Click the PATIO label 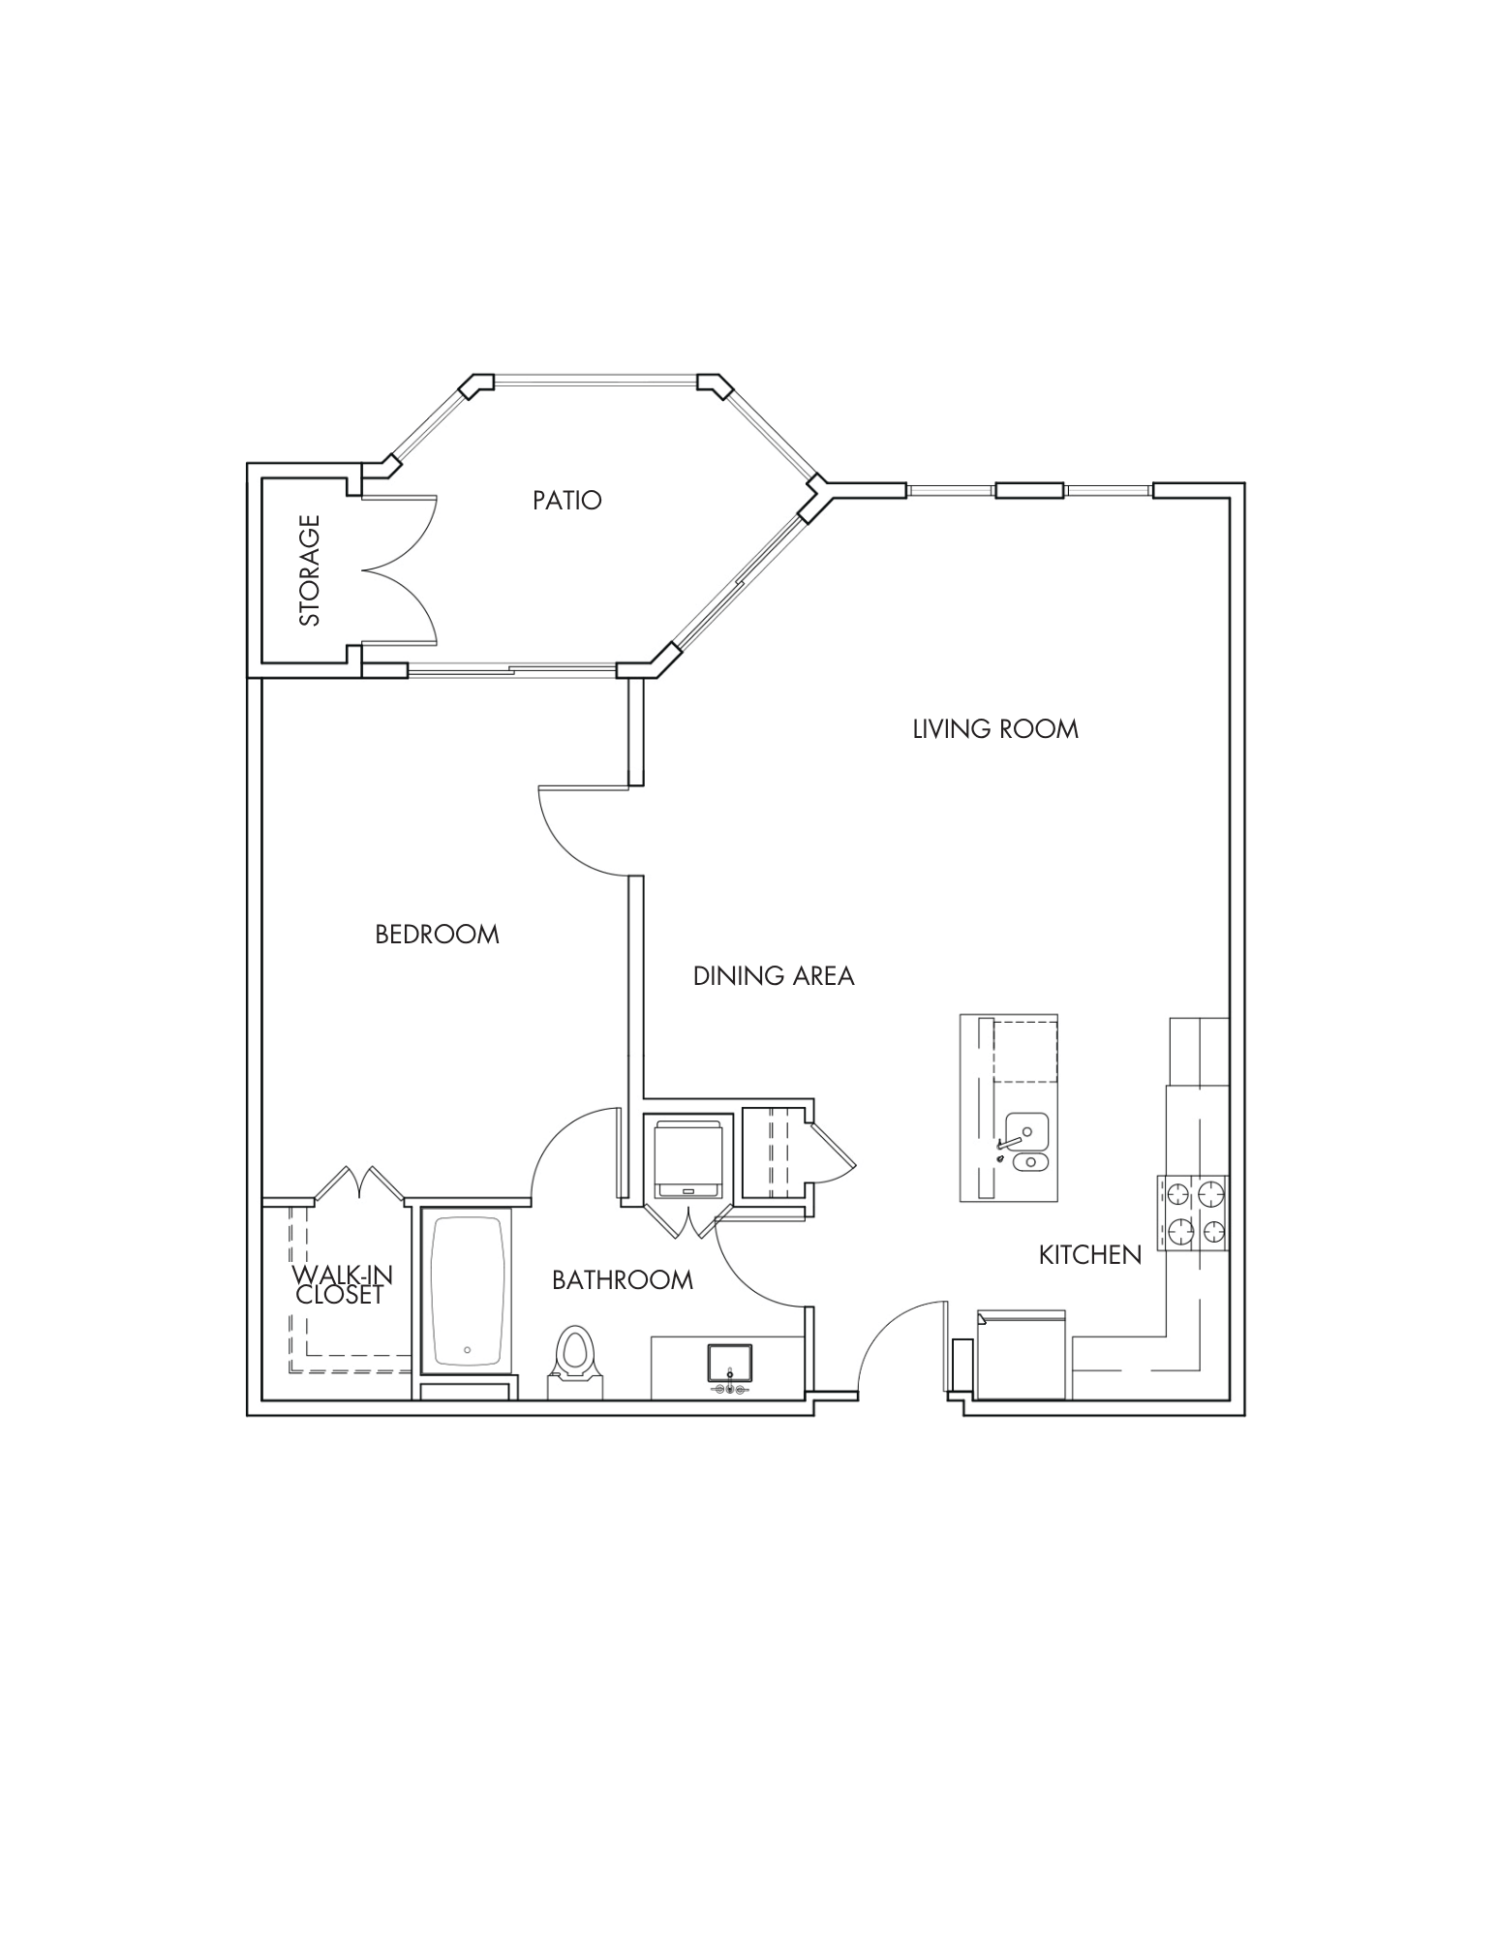tap(566, 500)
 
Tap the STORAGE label tap(310, 570)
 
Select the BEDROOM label tap(437, 935)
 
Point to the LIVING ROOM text tap(994, 729)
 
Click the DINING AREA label tap(774, 976)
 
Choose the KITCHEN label tap(1089, 1255)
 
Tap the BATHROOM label tap(623, 1280)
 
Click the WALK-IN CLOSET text tap(341, 1285)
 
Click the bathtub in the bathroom tap(466, 1292)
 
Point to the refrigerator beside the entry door tap(1021, 1355)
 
